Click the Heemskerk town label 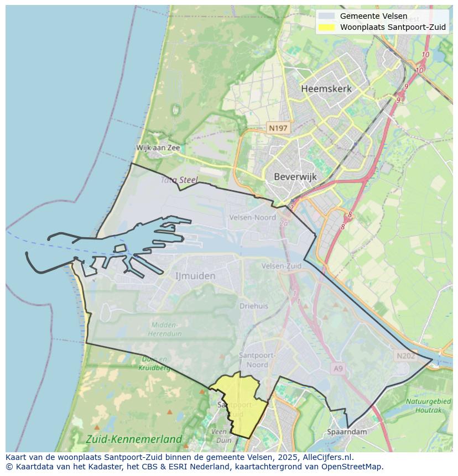pos(326,88)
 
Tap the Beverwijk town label pos(295,177)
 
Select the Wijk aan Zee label pos(158,148)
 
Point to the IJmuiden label pos(195,275)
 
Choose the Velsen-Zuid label pos(282,266)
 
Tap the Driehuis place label pos(254,306)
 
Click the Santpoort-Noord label pos(254,360)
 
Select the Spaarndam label pos(347,431)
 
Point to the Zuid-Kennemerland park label pos(134,439)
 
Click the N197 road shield pos(278,128)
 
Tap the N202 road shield pos(405,356)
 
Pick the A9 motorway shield pos(339,368)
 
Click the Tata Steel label pos(179,180)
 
